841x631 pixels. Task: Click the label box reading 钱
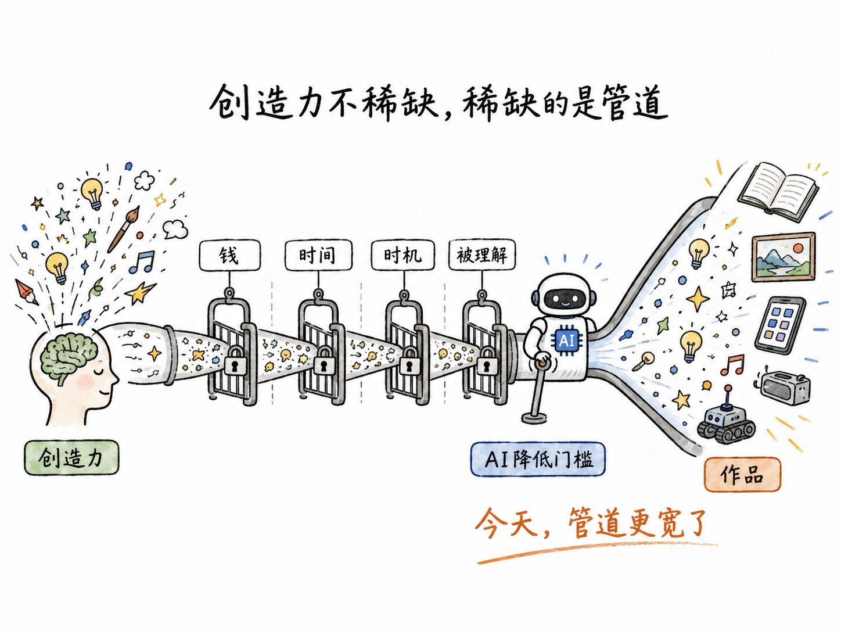[x=229, y=255]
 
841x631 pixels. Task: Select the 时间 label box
[x=318, y=255]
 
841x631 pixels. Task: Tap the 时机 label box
[x=402, y=255]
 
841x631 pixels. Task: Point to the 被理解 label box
[x=482, y=255]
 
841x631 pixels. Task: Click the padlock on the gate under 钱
[x=235, y=360]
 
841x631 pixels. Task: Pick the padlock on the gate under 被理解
[x=486, y=361]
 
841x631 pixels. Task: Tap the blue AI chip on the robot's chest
[x=566, y=340]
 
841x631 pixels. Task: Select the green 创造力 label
[x=71, y=457]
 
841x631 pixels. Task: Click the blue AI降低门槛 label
[x=538, y=460]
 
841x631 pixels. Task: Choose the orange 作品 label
[x=742, y=474]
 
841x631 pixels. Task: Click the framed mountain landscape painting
[x=784, y=257]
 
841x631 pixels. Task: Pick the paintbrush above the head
[x=123, y=229]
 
